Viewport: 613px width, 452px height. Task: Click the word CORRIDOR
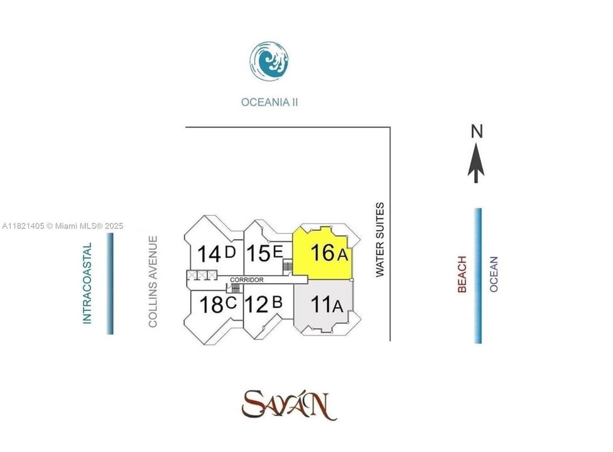(x=247, y=279)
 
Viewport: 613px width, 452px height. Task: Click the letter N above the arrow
(x=477, y=131)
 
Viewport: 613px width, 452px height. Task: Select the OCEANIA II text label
(x=269, y=102)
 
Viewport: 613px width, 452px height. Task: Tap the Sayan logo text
(x=288, y=404)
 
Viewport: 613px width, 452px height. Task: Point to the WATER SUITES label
(x=380, y=240)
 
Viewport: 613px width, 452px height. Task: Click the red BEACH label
(x=462, y=274)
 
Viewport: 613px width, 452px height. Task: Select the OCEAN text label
(x=494, y=274)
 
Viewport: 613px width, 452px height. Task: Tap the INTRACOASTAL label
(x=87, y=283)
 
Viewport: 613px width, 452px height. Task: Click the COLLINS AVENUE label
(x=152, y=281)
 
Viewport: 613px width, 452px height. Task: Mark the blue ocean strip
(x=479, y=276)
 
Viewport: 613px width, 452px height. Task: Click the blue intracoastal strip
(x=111, y=283)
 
